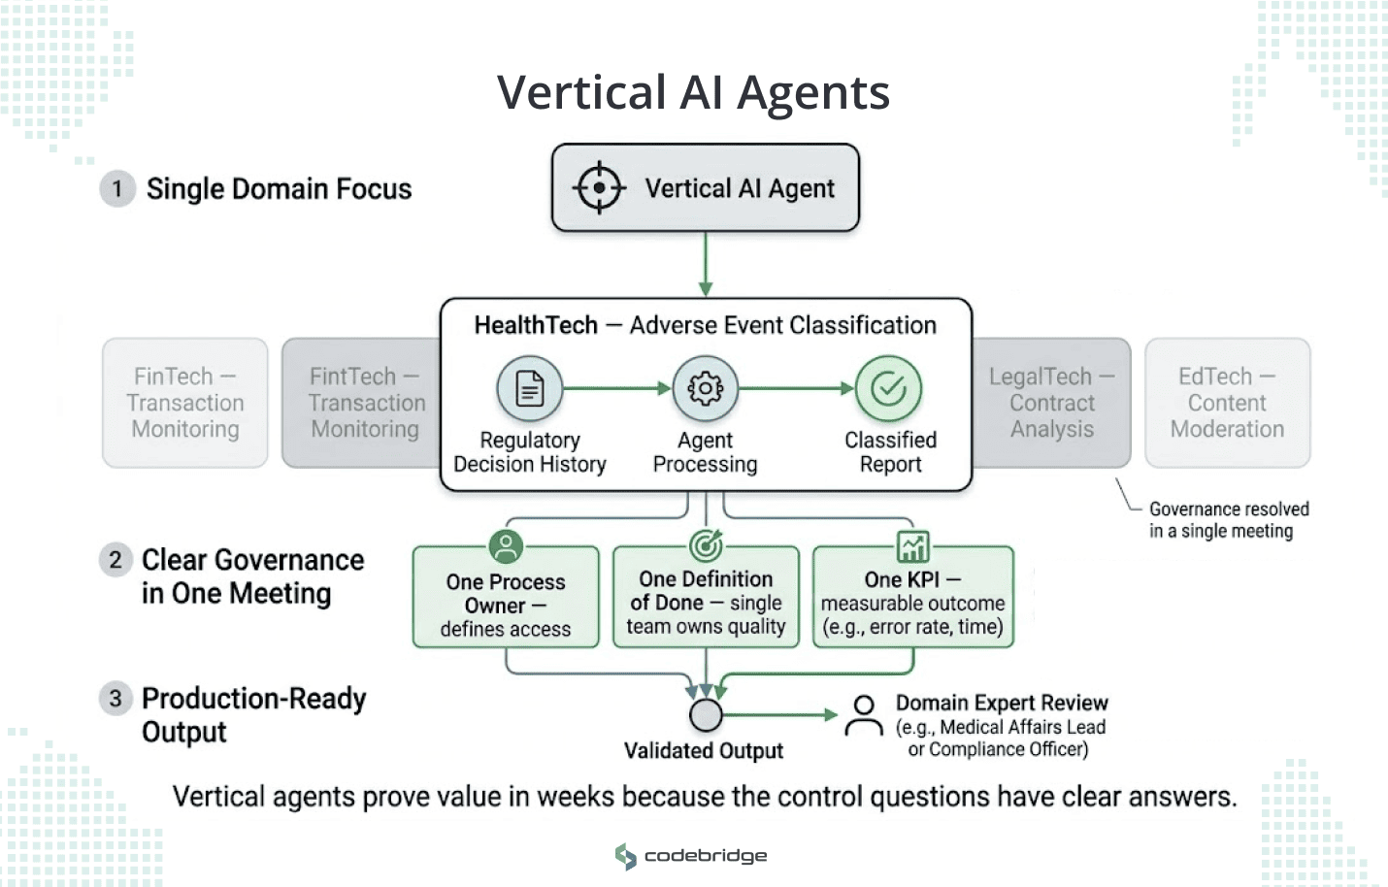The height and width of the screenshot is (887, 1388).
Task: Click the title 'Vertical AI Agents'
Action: [x=693, y=93]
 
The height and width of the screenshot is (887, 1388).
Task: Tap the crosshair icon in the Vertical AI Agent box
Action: [x=599, y=187]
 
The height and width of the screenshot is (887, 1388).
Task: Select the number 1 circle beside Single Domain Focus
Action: [x=117, y=188]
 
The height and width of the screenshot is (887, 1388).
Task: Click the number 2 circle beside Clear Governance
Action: [x=116, y=560]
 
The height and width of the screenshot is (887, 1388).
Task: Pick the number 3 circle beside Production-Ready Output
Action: [x=116, y=699]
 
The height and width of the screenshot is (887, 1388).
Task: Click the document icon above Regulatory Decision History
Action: [x=529, y=389]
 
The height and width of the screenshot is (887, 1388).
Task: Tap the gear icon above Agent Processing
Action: [x=706, y=389]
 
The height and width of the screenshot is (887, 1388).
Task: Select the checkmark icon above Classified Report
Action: [x=888, y=389]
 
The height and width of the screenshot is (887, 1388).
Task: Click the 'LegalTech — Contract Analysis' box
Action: [x=1051, y=403]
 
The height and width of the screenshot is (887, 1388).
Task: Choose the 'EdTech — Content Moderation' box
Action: [x=1227, y=403]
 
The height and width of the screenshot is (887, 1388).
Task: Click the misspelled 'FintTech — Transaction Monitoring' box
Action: [x=364, y=403]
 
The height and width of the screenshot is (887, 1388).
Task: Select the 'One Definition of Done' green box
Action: [x=706, y=603]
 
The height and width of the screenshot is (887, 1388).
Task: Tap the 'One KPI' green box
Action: [x=912, y=603]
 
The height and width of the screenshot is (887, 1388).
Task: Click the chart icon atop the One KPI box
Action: [x=912, y=547]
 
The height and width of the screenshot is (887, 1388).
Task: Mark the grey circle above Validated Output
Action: [x=706, y=715]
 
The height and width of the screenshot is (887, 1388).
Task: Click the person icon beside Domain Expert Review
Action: [x=863, y=716]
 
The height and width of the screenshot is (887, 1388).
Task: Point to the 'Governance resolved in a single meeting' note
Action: [x=1228, y=520]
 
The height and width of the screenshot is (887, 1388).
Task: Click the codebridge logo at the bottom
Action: [x=691, y=856]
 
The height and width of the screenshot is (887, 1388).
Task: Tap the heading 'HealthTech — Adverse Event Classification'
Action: [x=706, y=325]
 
